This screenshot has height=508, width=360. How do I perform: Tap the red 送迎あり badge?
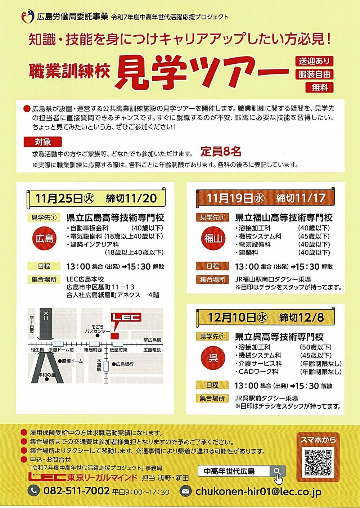click(314, 61)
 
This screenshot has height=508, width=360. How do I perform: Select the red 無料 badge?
click(319, 87)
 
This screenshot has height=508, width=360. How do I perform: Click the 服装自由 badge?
click(314, 74)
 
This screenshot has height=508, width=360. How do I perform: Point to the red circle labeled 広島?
click(44, 238)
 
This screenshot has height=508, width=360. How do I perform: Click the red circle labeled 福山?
click(213, 238)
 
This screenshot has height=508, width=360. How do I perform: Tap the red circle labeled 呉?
click(213, 358)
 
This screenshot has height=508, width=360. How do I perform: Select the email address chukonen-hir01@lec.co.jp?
click(258, 491)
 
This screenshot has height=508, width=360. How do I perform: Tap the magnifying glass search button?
click(278, 472)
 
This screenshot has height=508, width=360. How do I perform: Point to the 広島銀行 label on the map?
click(125, 364)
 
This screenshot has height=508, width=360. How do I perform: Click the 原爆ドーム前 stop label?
click(61, 350)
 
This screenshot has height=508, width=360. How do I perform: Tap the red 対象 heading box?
click(42, 142)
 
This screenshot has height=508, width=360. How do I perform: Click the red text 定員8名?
click(221, 152)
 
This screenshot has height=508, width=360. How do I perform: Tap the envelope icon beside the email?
click(185, 491)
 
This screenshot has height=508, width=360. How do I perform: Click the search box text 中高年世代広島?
click(229, 472)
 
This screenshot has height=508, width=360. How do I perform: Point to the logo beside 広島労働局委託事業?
click(28, 16)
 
